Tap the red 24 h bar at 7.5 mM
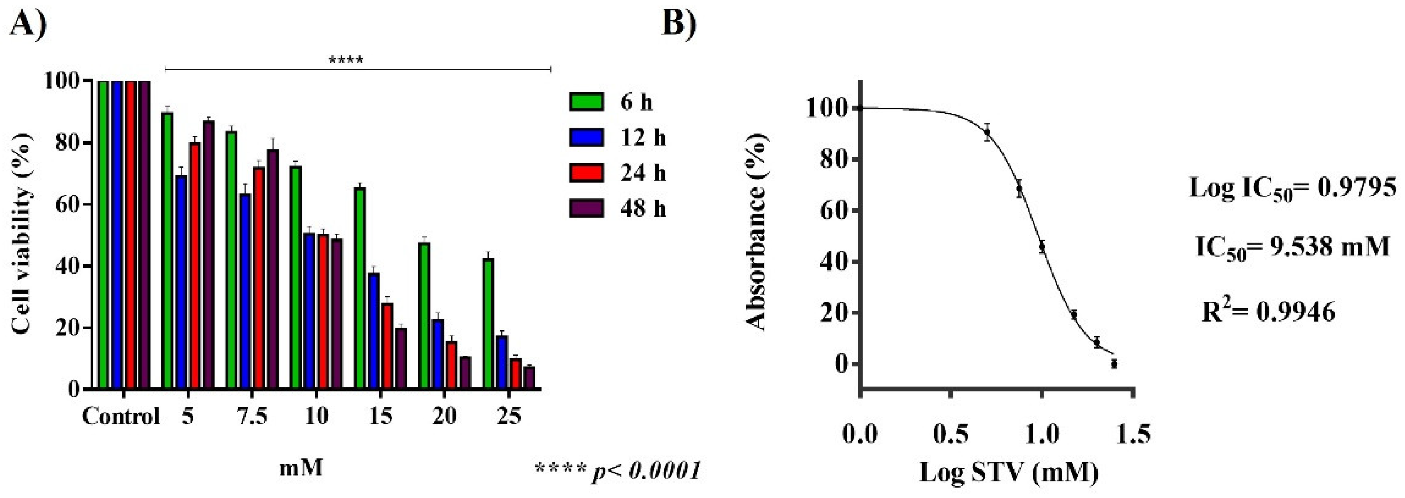coord(259,278)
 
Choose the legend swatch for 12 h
coord(586,137)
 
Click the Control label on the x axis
coord(121,417)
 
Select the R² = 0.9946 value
coord(1268,312)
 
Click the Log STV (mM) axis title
coord(1008,472)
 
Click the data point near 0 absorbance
coord(1114,364)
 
